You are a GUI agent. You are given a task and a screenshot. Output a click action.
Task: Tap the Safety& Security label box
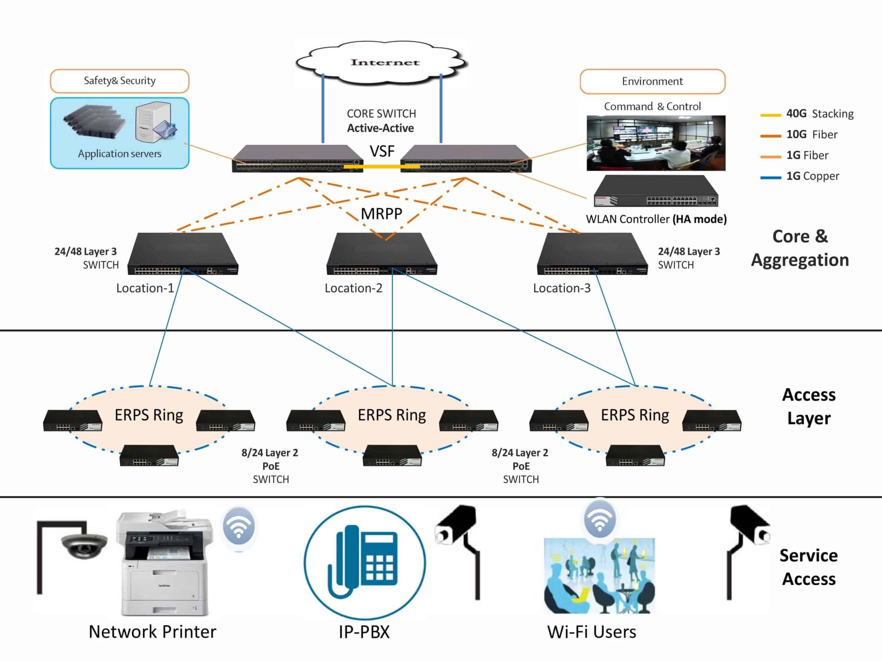click(x=119, y=81)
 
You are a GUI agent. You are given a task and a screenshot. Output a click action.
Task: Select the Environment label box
click(x=652, y=81)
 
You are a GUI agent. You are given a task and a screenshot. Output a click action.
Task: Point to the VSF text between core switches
click(x=382, y=151)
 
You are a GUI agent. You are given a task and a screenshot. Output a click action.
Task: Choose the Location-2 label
click(x=353, y=288)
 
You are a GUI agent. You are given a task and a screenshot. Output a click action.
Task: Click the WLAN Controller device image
click(x=656, y=191)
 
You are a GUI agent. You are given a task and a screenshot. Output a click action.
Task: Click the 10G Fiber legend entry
click(x=811, y=135)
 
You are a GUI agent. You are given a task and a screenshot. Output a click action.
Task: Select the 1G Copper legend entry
click(x=812, y=176)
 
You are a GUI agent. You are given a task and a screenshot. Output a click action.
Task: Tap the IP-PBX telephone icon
click(x=365, y=562)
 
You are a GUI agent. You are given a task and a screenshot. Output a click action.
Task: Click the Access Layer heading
click(x=809, y=406)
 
